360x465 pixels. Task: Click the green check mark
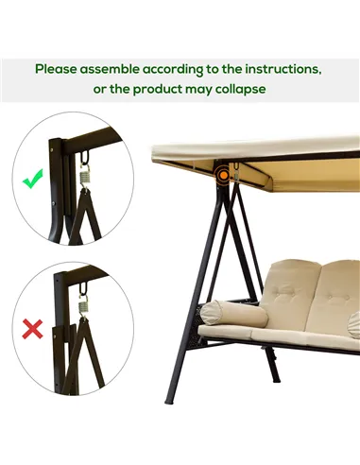point(33,178)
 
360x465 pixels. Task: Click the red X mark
point(33,329)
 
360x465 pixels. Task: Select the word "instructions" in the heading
point(276,69)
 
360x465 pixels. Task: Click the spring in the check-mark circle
point(82,173)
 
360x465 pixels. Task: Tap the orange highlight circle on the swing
point(224,174)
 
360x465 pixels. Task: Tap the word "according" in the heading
point(189,69)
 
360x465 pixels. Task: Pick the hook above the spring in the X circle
point(82,284)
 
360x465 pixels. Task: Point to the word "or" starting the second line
point(101,88)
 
